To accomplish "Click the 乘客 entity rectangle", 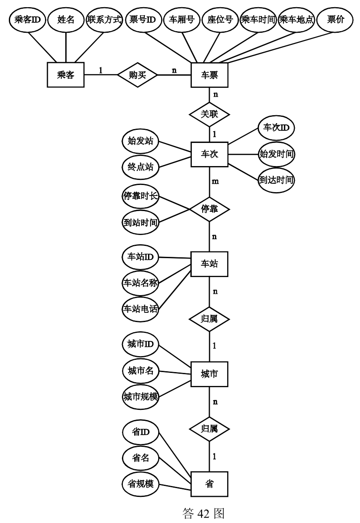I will click(x=65, y=75).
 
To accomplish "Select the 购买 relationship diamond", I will click(x=137, y=75).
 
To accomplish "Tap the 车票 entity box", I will click(x=209, y=75).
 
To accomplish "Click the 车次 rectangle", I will click(x=209, y=155).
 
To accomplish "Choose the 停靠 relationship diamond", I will click(x=209, y=209).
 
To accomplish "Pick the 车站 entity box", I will click(x=209, y=264).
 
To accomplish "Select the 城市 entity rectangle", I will click(x=209, y=373).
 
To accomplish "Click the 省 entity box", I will click(x=209, y=484).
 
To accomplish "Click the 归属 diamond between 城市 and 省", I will click(x=209, y=429).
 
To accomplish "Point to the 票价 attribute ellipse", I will click(x=335, y=20).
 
